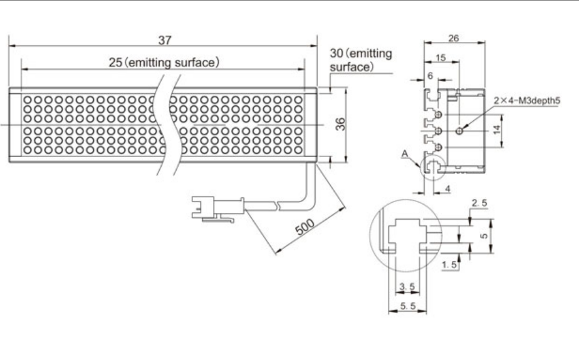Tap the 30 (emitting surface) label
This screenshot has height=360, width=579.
(360, 59)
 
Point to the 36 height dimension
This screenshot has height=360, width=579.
(339, 125)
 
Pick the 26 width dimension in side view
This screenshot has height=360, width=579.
(454, 38)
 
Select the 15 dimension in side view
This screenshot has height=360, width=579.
(440, 58)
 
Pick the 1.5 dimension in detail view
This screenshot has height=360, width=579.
(449, 265)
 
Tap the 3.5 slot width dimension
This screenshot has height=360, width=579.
(406, 287)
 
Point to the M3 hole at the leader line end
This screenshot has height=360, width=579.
(461, 130)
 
